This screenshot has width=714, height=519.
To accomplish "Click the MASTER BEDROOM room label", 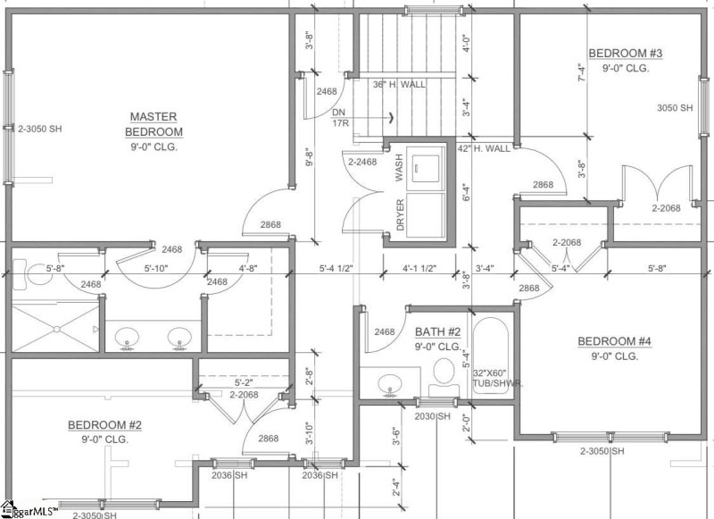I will point(154,124).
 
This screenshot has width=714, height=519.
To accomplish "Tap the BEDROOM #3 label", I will point(625,53).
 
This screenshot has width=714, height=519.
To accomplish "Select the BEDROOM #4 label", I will point(614,341).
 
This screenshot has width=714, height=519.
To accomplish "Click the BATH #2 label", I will point(437,331).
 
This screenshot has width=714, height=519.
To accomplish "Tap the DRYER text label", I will point(401,215).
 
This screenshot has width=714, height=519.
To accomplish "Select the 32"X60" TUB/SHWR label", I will point(497,378).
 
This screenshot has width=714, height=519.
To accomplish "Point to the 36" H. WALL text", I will point(399,85).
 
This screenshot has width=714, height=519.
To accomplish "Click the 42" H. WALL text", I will point(484,147).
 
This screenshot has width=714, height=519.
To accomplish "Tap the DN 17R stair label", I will point(339,118).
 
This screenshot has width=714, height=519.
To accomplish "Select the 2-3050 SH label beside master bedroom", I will point(40,129).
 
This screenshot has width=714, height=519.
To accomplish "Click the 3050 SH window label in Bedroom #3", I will point(674,108).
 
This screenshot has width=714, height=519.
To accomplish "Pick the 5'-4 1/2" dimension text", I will point(337,266).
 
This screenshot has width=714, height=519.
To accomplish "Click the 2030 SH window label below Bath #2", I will point(433,416).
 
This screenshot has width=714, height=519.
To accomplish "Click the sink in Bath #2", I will point(389,386).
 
